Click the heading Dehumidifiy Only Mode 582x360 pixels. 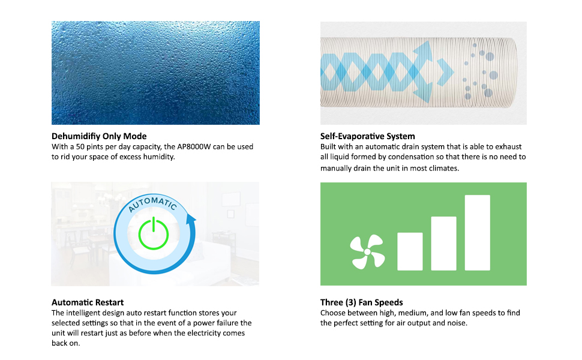tap(99, 136)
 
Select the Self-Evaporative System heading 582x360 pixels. tap(367, 136)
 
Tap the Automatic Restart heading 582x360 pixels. tap(88, 302)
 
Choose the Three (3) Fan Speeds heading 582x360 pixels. tap(362, 302)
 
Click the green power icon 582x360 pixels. tap(153, 234)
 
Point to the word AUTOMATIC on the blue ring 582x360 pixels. tap(152, 204)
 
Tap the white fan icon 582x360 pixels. tap(367, 251)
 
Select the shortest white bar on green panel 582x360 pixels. tap(410, 251)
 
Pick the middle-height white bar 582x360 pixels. tap(443, 244)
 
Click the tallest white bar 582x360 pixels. tap(478, 233)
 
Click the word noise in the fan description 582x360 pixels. tap(457, 323)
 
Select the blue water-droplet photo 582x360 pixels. tap(155, 73)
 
